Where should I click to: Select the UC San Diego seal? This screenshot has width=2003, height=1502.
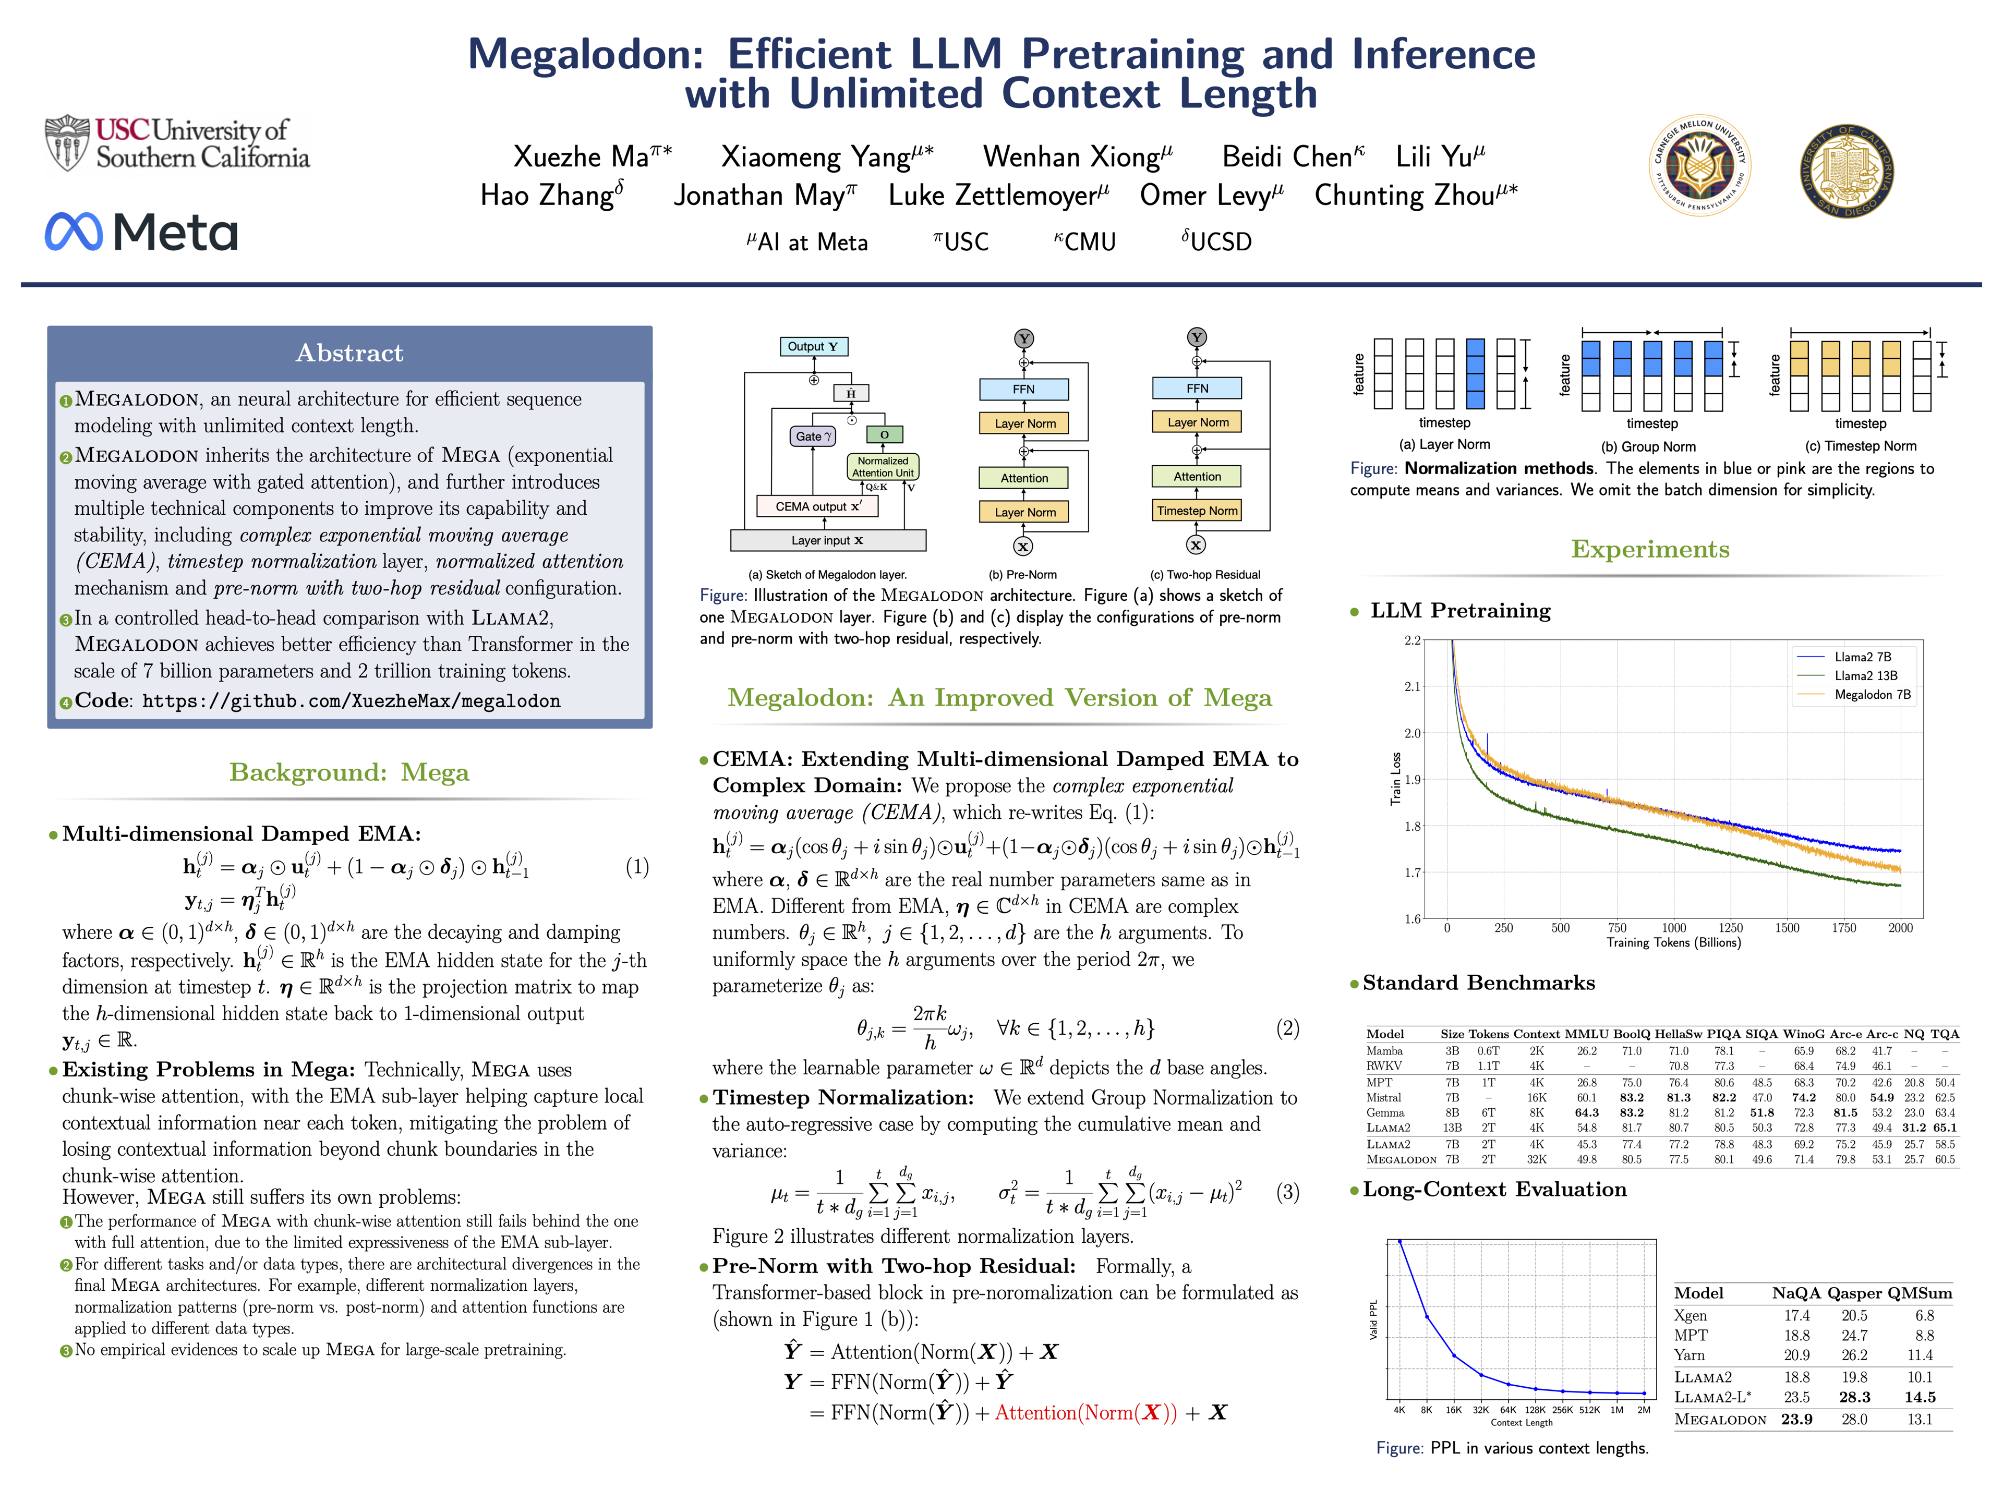click(1847, 171)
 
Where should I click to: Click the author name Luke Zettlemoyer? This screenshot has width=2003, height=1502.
click(998, 196)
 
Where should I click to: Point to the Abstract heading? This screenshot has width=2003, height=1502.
click(349, 353)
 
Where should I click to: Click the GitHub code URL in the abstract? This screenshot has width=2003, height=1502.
click(352, 701)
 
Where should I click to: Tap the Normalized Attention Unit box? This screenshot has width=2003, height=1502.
click(883, 467)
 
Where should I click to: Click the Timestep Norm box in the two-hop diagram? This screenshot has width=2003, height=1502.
click(1196, 511)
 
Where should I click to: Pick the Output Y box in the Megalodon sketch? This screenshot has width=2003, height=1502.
click(813, 347)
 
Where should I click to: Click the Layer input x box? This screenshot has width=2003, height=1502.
click(828, 540)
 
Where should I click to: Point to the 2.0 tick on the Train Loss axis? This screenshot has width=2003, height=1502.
click(1413, 733)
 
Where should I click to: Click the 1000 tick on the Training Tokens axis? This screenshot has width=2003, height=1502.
click(1673, 928)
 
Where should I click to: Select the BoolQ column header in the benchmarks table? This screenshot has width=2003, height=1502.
click(1632, 1034)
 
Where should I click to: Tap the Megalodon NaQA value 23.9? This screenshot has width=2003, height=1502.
click(1796, 1419)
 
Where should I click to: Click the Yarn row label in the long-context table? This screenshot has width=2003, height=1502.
click(1689, 1355)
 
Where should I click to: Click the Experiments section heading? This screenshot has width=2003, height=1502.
click(1650, 550)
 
